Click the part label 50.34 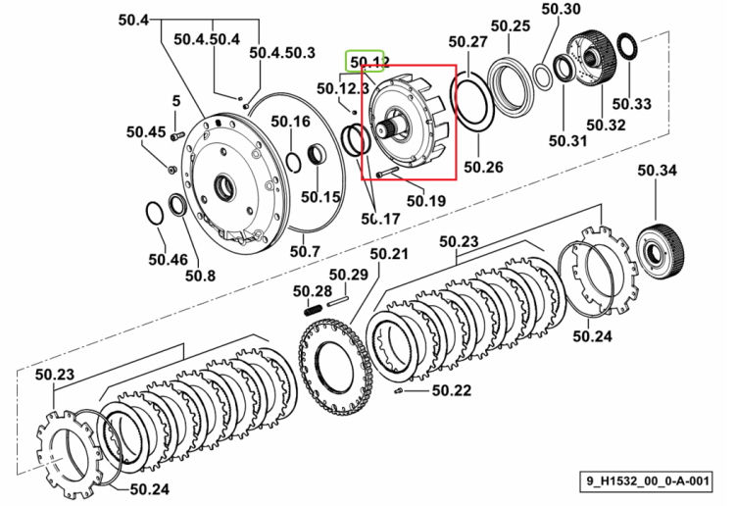click(x=657, y=170)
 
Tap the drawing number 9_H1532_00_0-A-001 click(x=648, y=481)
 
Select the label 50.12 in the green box click(x=369, y=62)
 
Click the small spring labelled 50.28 click(x=314, y=310)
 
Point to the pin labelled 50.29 click(x=337, y=300)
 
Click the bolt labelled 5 click(x=176, y=136)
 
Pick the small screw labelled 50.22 click(x=399, y=390)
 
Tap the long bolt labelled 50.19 click(x=387, y=172)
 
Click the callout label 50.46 click(x=168, y=259)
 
